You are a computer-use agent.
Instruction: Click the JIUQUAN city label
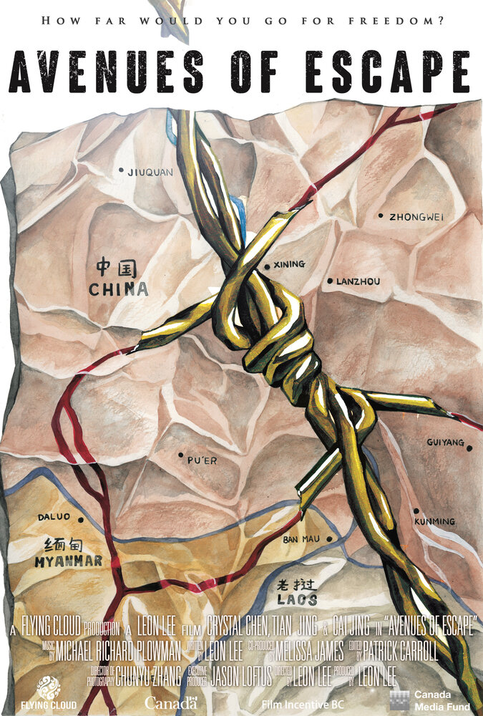click(150, 172)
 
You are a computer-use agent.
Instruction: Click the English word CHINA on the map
click(119, 290)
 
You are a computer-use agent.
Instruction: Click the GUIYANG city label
click(445, 442)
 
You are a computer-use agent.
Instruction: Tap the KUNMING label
click(434, 521)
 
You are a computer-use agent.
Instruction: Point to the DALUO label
click(55, 517)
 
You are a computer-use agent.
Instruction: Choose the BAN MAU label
click(301, 538)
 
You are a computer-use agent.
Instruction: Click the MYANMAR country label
click(68, 561)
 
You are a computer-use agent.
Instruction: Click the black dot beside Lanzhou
click(330, 281)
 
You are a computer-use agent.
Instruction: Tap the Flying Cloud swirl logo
click(48, 685)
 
